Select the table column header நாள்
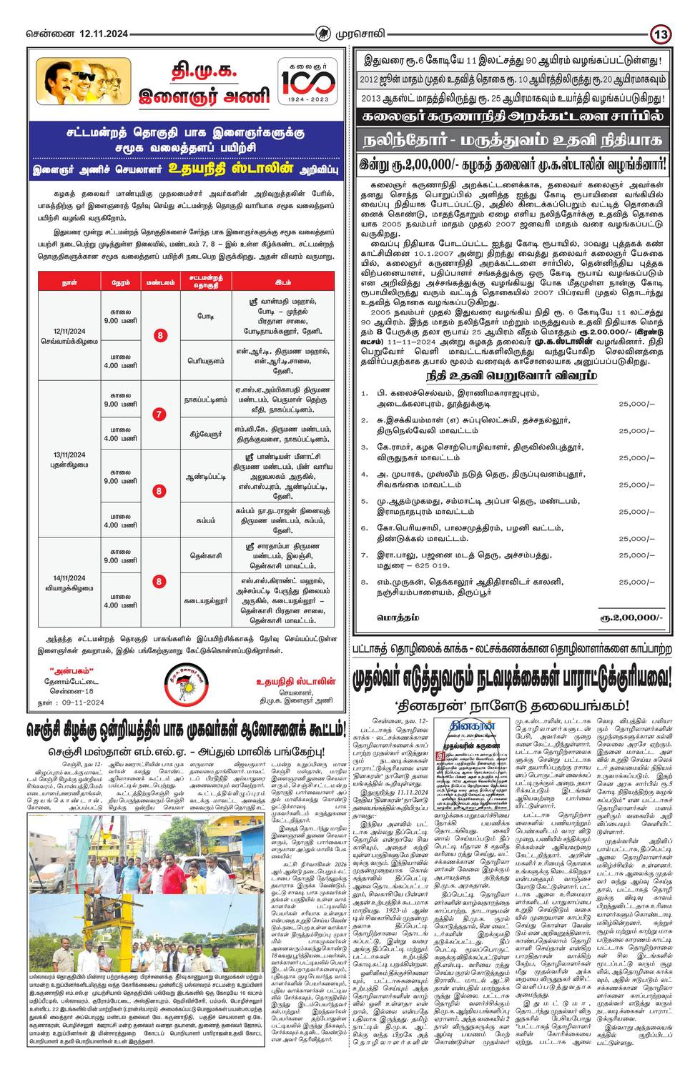[69, 282]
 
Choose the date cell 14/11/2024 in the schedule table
[69, 577]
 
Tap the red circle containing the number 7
[159, 414]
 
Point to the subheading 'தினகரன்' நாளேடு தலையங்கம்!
[512, 704]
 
